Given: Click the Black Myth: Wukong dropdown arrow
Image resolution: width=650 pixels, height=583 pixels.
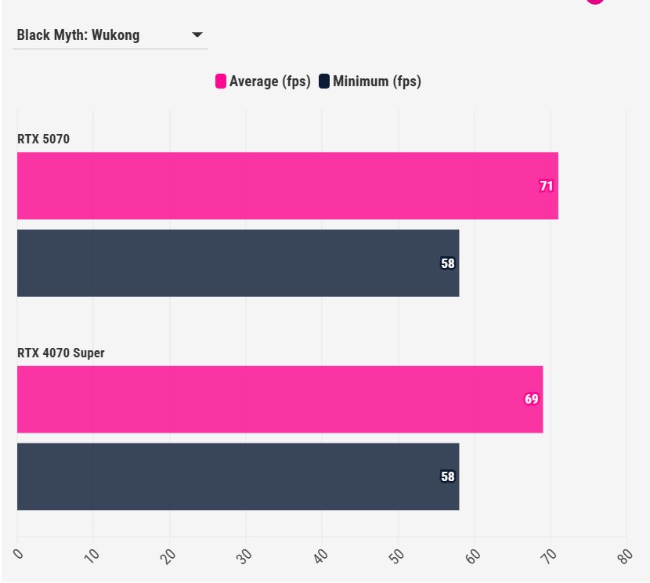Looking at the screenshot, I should coord(197,35).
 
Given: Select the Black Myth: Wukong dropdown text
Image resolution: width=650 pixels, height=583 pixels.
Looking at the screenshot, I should coord(78,35).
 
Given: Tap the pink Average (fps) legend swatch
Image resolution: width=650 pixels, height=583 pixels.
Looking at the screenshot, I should coord(221,81).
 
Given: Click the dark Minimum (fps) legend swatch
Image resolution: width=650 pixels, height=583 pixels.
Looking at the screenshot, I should coord(324,81).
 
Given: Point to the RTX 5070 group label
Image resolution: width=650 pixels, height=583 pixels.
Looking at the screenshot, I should coord(44,139).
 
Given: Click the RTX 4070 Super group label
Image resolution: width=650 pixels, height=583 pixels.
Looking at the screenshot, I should coord(61,353).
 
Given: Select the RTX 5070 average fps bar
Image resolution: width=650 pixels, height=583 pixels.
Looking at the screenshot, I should coord(287,186).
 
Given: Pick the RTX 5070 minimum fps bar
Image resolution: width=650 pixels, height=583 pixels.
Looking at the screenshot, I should coord(238,263).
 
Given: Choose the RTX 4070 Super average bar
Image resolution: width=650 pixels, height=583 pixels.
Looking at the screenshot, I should coord(280,399).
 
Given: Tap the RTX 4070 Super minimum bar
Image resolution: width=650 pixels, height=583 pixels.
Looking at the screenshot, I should coord(238,476).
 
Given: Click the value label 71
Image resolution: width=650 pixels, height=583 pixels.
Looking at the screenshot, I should coord(547,186).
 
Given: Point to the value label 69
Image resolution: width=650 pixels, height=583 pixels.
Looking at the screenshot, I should coord(532,399).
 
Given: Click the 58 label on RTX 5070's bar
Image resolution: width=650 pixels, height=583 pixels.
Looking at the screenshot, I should coord(448,264).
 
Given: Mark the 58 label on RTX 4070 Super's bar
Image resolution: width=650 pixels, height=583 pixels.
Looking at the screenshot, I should coord(448,476).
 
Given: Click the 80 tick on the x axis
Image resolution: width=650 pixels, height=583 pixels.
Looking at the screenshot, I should coord(626,556).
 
